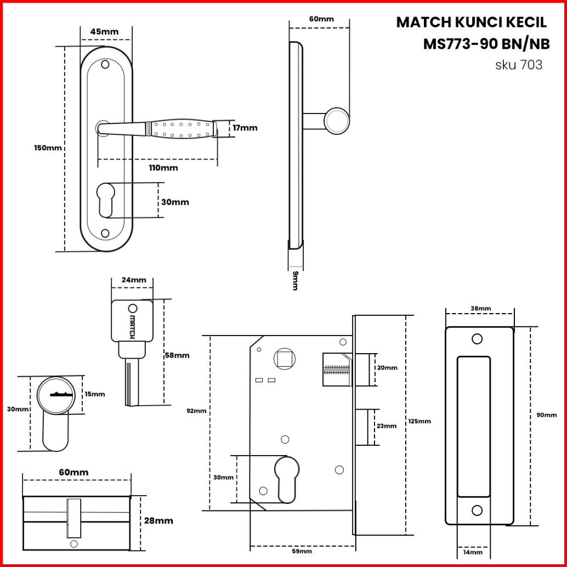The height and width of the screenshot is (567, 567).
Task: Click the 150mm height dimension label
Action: pos(48,148)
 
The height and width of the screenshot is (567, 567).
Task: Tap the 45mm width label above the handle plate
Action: pos(104,32)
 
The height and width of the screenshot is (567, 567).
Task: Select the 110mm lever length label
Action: pos(163,168)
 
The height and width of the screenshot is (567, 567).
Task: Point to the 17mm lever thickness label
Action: pos(245,128)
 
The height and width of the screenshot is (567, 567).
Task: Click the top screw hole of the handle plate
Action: pos(105,64)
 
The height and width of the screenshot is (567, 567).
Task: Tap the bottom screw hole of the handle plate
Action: pos(105,233)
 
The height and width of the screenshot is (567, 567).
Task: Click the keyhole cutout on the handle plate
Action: pos(106,200)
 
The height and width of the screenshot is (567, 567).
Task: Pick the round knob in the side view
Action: pos(337,121)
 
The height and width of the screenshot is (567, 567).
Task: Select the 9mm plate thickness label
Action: pos(295,281)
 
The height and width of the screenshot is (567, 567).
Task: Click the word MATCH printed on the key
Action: pos(132,327)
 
